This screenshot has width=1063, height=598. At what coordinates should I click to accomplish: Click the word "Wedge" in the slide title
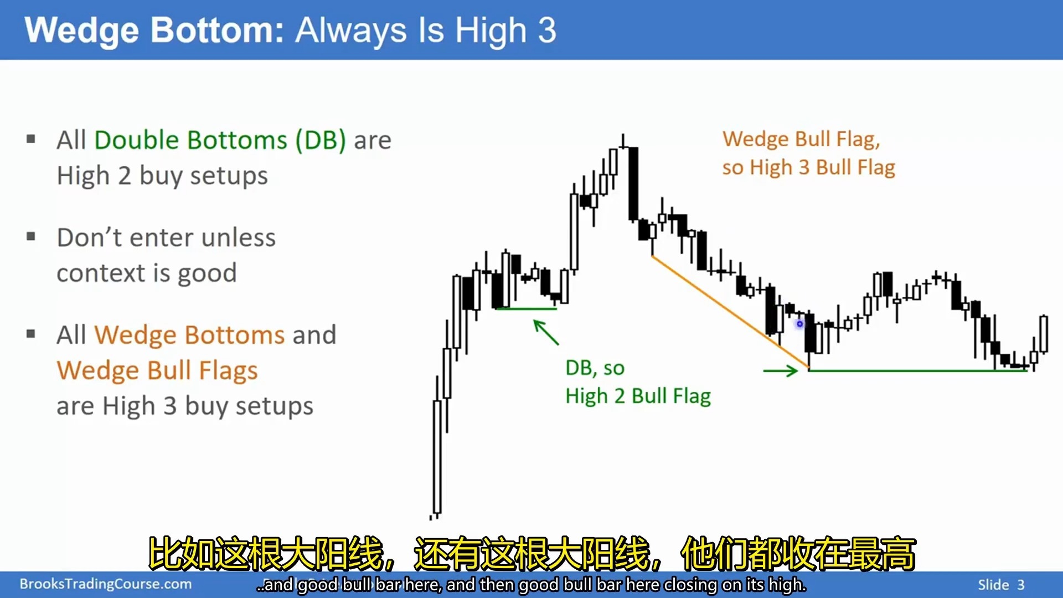(82, 30)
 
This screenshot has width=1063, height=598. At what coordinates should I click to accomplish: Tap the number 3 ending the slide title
(546, 30)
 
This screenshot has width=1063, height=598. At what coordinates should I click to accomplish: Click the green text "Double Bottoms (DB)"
(220, 140)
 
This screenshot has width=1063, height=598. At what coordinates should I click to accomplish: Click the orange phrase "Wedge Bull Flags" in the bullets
(157, 371)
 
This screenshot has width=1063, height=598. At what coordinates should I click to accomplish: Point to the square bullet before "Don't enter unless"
(31, 237)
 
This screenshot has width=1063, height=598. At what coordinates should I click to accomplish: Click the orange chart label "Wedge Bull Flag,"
(801, 139)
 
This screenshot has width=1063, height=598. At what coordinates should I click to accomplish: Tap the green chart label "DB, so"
(595, 368)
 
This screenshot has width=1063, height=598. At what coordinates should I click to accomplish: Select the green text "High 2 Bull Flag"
(638, 396)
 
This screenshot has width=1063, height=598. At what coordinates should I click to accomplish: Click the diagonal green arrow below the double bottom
(546, 332)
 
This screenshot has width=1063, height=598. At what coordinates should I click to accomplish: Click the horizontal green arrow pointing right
(781, 370)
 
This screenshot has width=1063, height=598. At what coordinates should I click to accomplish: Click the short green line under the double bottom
(527, 308)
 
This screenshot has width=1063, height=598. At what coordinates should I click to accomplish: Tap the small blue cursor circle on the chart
(799, 324)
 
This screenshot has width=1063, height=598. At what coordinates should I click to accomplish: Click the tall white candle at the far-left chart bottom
(437, 457)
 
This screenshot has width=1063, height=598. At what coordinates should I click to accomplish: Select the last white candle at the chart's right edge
(1044, 333)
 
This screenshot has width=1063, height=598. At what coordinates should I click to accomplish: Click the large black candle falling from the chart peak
(633, 184)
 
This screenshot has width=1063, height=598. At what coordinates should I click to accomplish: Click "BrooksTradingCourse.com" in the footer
(106, 584)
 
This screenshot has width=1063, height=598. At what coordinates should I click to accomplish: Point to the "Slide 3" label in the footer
(1001, 585)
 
